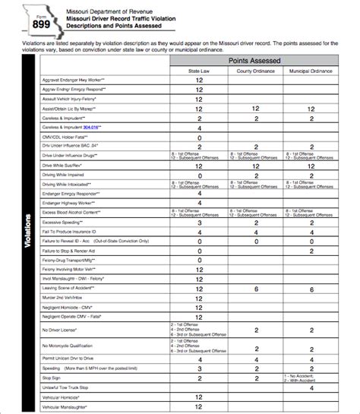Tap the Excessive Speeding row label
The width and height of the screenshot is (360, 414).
tap(64, 223)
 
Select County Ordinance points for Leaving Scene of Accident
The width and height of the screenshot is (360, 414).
tap(256, 289)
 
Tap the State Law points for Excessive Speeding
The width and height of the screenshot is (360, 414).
tap(199, 223)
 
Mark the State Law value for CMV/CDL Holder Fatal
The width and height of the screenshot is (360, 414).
tap(199, 137)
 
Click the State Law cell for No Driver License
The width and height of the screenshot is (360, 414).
tap(199, 330)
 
